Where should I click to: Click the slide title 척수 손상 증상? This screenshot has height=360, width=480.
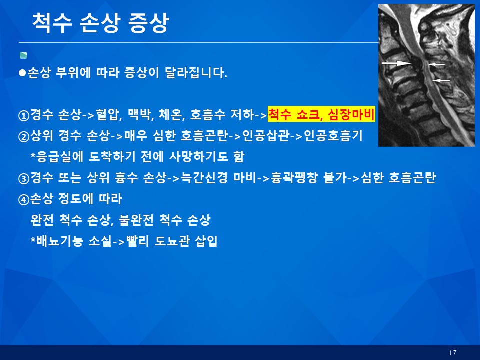[x=100, y=23]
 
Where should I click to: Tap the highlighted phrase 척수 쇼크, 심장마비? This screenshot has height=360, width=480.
[x=321, y=114]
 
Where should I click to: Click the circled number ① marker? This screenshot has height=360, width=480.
[x=24, y=115]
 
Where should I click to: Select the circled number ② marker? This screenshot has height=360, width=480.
[x=24, y=137]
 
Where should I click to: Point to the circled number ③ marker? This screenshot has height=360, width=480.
[x=24, y=179]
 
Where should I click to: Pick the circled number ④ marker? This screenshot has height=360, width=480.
[x=24, y=200]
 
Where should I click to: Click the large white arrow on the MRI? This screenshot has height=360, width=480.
[x=396, y=63]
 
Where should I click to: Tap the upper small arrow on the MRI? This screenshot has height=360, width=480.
[x=436, y=64]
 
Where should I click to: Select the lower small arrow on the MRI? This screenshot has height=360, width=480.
[x=441, y=80]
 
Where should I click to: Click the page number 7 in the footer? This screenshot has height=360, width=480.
[x=455, y=352]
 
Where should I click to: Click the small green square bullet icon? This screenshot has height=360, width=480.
[x=23, y=55]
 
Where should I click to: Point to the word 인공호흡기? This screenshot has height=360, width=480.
[x=333, y=135]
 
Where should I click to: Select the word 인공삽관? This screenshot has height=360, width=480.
[x=265, y=135]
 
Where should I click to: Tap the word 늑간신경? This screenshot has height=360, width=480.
[x=204, y=177]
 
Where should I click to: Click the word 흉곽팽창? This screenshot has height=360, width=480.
[x=294, y=177]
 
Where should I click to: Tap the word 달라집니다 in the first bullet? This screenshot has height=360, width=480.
[x=196, y=72]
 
